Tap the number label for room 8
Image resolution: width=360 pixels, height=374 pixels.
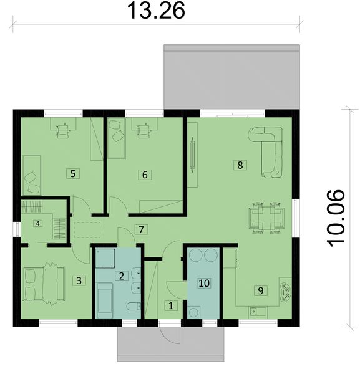[238, 165]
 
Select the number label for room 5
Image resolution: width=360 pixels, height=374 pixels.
[73, 173]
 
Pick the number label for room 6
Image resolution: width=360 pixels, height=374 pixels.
[145, 175]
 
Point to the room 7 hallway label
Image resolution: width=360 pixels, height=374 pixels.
[142, 229]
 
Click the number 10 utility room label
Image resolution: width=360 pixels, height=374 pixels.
[203, 282]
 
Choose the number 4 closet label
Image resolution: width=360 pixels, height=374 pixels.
[38, 223]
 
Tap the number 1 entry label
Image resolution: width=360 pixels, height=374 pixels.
[168, 305]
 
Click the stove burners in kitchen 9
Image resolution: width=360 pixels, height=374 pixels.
[286, 292]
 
